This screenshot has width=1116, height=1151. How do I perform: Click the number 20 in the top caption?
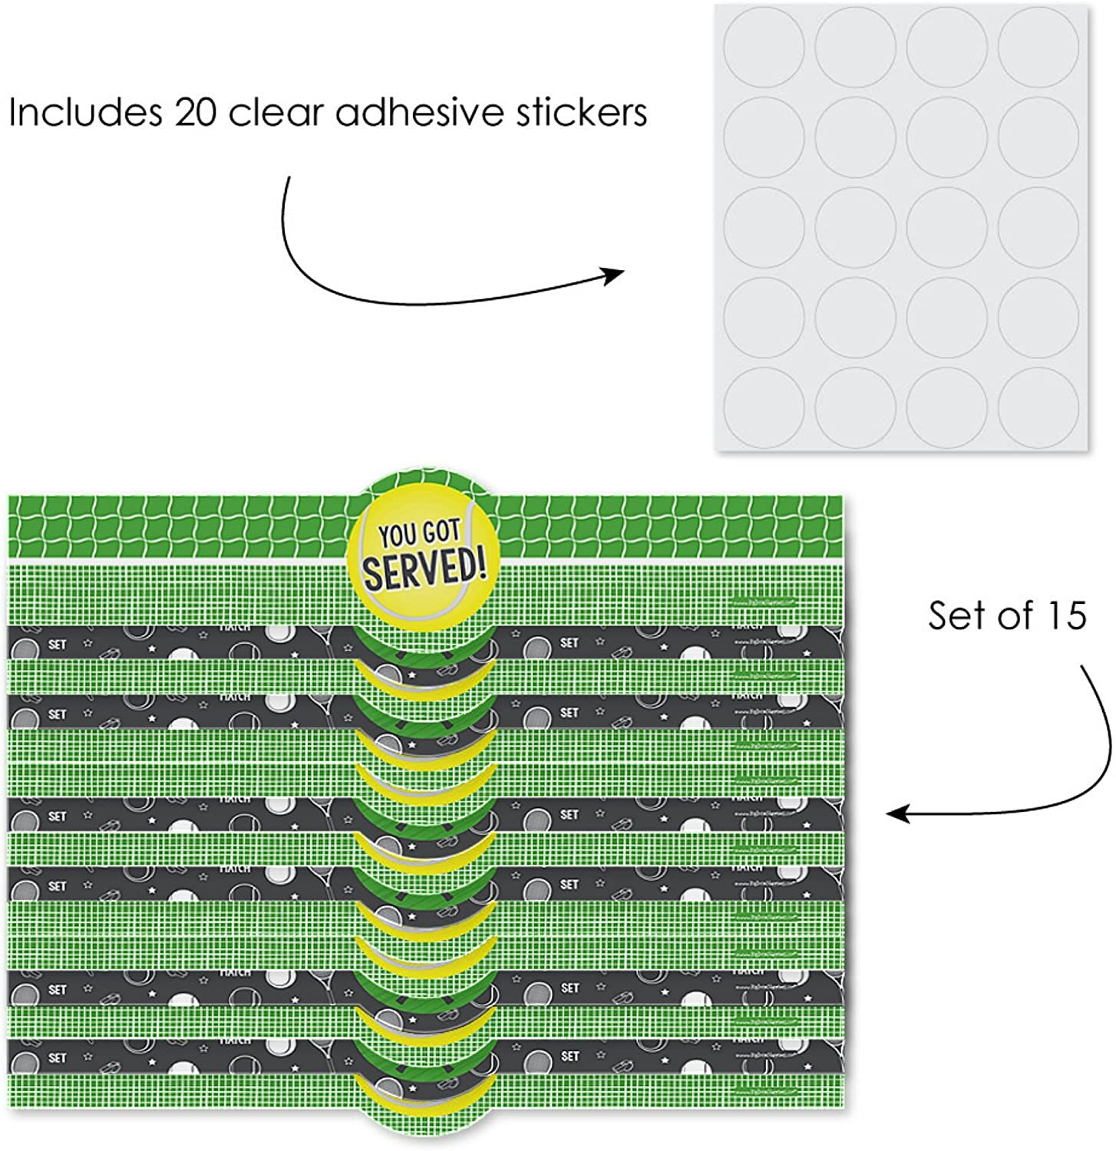click(x=196, y=114)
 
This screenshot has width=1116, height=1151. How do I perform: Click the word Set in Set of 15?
click(x=956, y=615)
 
